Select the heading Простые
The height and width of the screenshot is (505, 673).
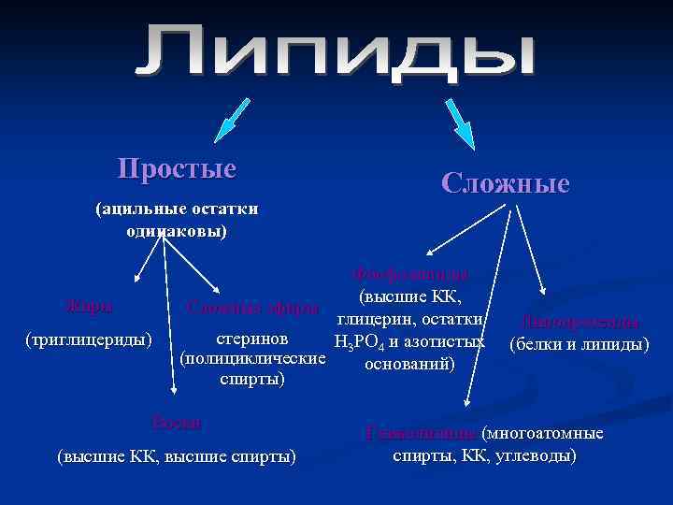(177, 168)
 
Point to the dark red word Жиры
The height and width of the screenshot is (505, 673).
(90, 305)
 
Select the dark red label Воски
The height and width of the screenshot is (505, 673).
(176, 422)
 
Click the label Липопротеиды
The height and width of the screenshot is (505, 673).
(580, 322)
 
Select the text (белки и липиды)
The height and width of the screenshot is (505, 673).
(579, 343)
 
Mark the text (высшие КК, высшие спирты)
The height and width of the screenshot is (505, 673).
(176, 456)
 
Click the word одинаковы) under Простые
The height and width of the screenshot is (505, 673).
(177, 230)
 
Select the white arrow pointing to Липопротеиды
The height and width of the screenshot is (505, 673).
(529, 258)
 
